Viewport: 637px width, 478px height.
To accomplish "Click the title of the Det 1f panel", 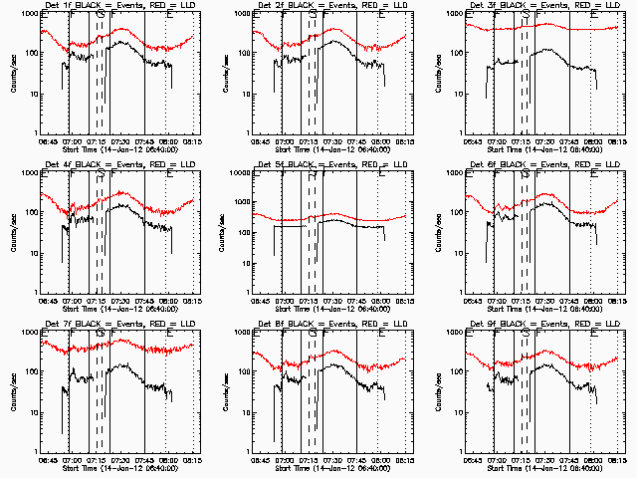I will tap(118, 6).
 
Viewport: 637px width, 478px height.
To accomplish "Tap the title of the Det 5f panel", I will tap(331, 165).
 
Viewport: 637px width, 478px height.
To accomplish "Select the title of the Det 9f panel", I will tap(544, 325).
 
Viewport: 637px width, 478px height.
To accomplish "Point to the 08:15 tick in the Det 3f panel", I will tap(617, 140).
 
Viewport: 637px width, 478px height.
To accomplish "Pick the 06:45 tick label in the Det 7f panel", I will tap(49, 459).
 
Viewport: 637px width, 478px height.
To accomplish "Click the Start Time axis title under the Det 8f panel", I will tap(331, 466).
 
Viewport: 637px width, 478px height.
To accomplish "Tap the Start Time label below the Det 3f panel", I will tap(544, 147).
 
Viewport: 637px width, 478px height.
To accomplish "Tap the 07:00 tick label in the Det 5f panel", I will tap(285, 300).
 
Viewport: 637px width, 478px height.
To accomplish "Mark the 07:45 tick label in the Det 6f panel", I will tap(570, 300).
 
